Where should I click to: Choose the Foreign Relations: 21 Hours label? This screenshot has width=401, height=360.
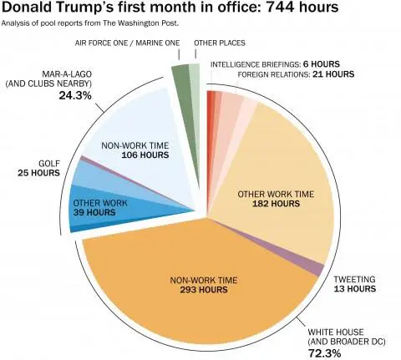pyautogui.click(x=285, y=74)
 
